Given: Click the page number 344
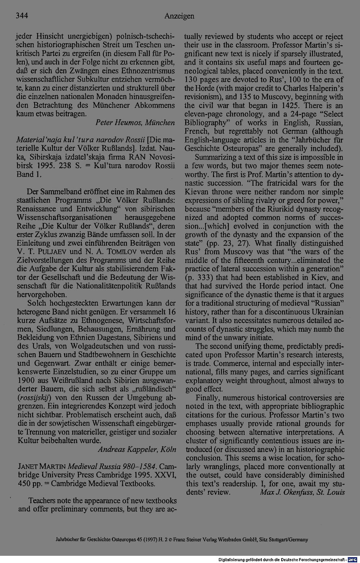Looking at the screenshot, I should (x=22, y=16).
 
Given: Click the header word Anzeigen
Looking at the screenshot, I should (x=179, y=16).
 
